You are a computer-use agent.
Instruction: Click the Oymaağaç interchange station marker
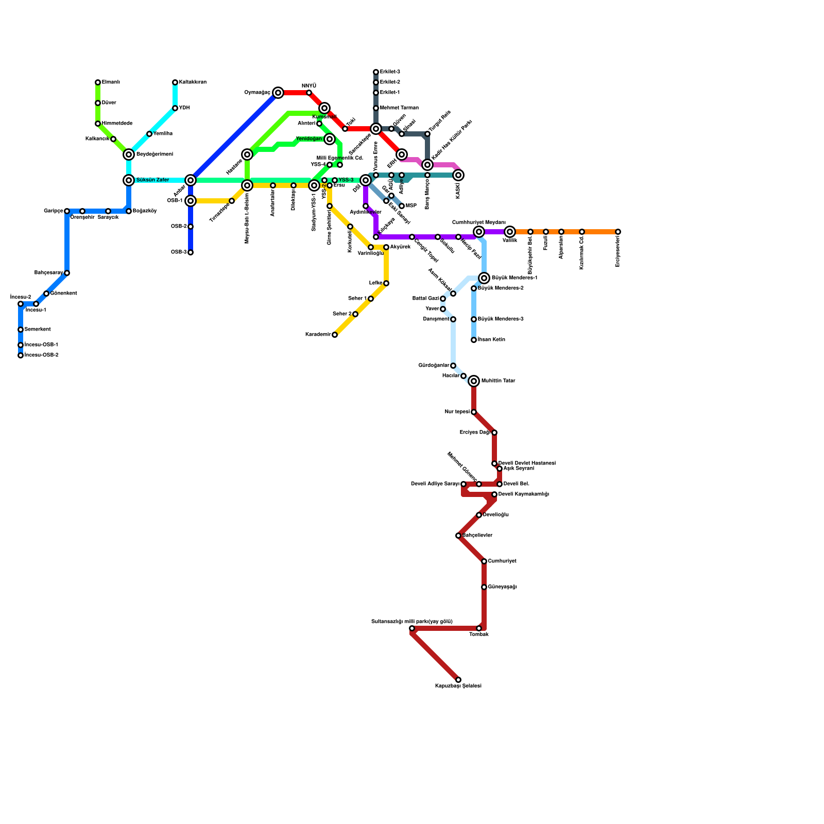click(x=278, y=93)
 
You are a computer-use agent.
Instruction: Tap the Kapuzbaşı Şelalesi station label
click(x=458, y=686)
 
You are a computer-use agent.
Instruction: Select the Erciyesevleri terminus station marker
click(x=618, y=232)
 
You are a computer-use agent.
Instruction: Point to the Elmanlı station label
click(x=111, y=82)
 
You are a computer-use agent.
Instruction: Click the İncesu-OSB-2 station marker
click(x=21, y=355)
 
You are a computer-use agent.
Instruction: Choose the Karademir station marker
click(x=335, y=335)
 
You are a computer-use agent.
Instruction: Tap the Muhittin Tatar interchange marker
click(x=474, y=381)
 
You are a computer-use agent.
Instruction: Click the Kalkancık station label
click(x=97, y=139)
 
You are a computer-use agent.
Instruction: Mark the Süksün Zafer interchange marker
click(x=129, y=180)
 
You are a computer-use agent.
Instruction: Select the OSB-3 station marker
click(x=191, y=252)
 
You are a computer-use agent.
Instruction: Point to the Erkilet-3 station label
click(x=390, y=72)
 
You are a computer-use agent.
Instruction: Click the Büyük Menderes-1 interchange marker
click(x=484, y=278)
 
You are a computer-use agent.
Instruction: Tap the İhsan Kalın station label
click(x=491, y=340)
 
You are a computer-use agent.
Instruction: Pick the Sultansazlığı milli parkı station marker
click(x=412, y=628)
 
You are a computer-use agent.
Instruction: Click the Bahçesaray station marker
click(x=67, y=273)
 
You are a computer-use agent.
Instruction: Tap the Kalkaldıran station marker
click(x=175, y=82)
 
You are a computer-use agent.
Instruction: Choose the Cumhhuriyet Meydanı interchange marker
click(x=479, y=232)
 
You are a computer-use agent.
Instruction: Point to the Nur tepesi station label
click(x=457, y=412)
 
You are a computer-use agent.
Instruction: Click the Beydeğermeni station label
click(x=154, y=154)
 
